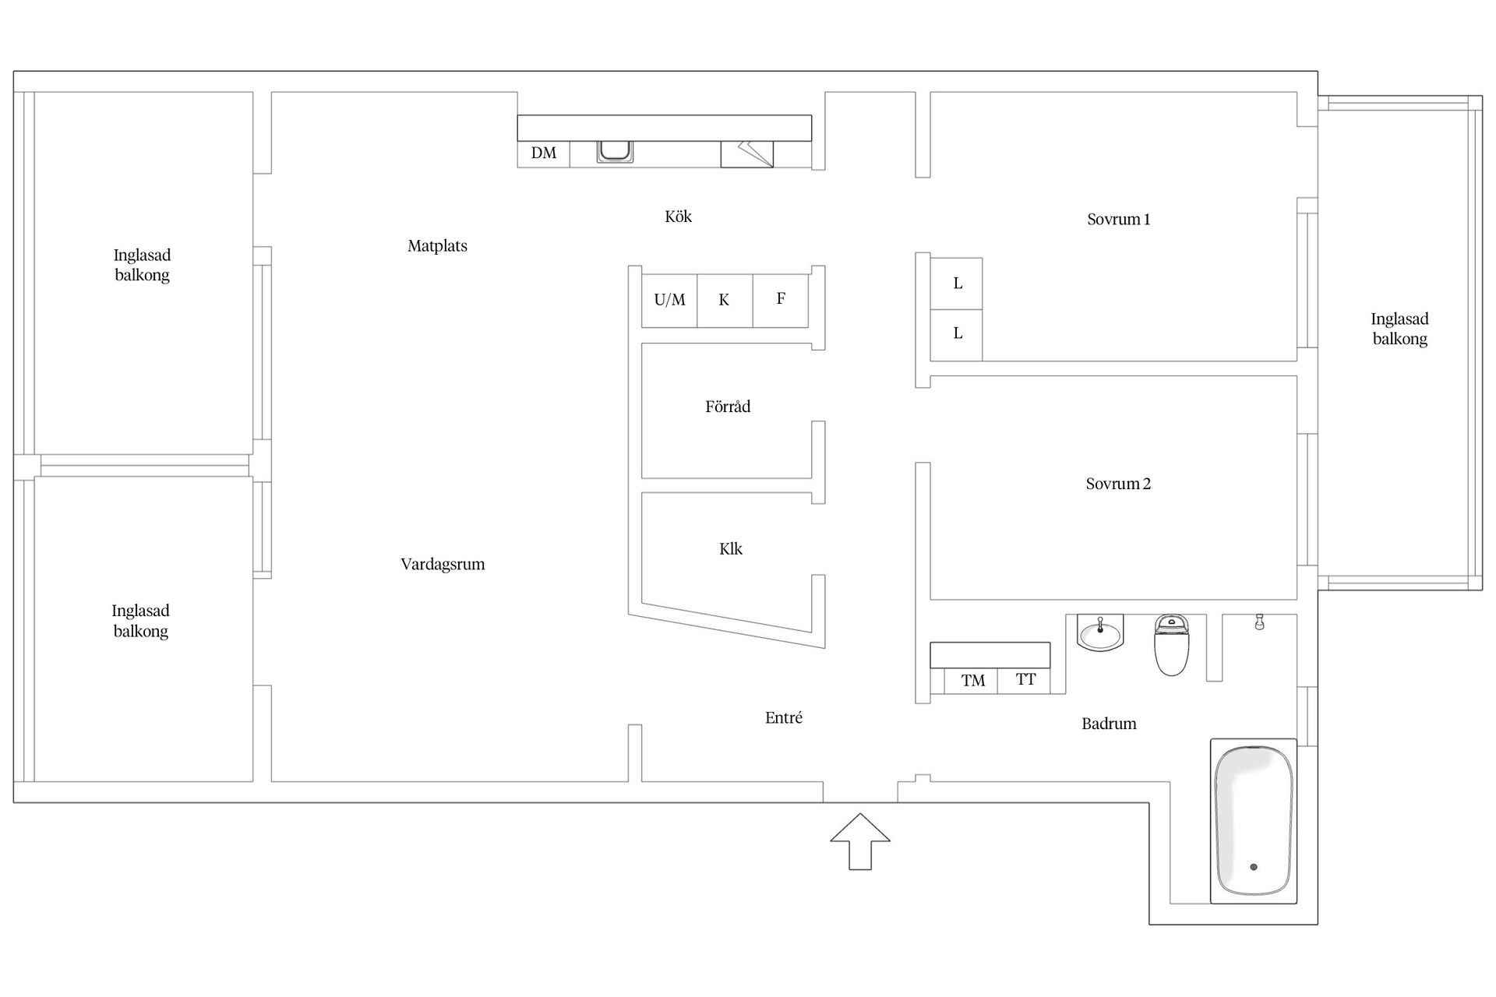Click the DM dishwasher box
click(544, 153)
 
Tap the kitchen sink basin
click(615, 151)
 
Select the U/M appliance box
click(669, 300)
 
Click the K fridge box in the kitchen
click(725, 300)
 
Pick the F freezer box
click(781, 300)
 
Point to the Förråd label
click(728, 407)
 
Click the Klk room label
click(731, 549)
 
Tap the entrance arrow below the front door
click(860, 841)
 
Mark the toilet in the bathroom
click(1172, 644)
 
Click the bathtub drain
click(1254, 867)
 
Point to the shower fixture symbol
click(1259, 622)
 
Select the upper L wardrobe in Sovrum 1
click(957, 284)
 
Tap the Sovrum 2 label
click(1118, 484)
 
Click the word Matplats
click(437, 246)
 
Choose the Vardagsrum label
click(443, 565)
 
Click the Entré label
click(784, 718)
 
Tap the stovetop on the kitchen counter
click(746, 154)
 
